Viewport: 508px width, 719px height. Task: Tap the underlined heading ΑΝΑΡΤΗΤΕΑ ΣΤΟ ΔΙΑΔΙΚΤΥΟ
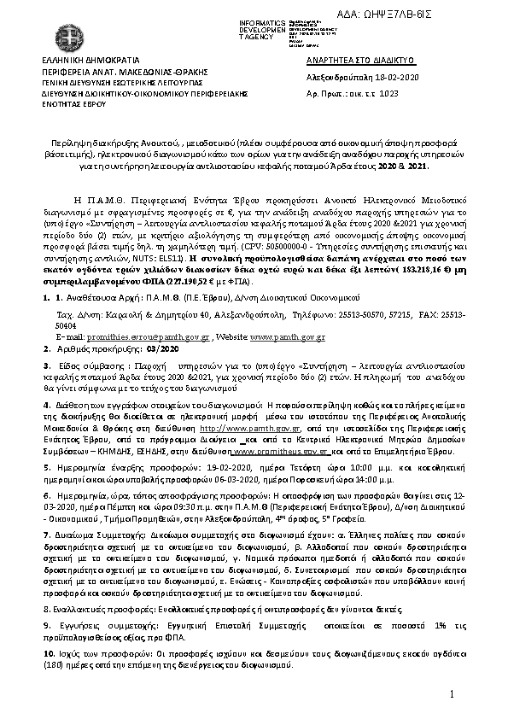360,62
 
